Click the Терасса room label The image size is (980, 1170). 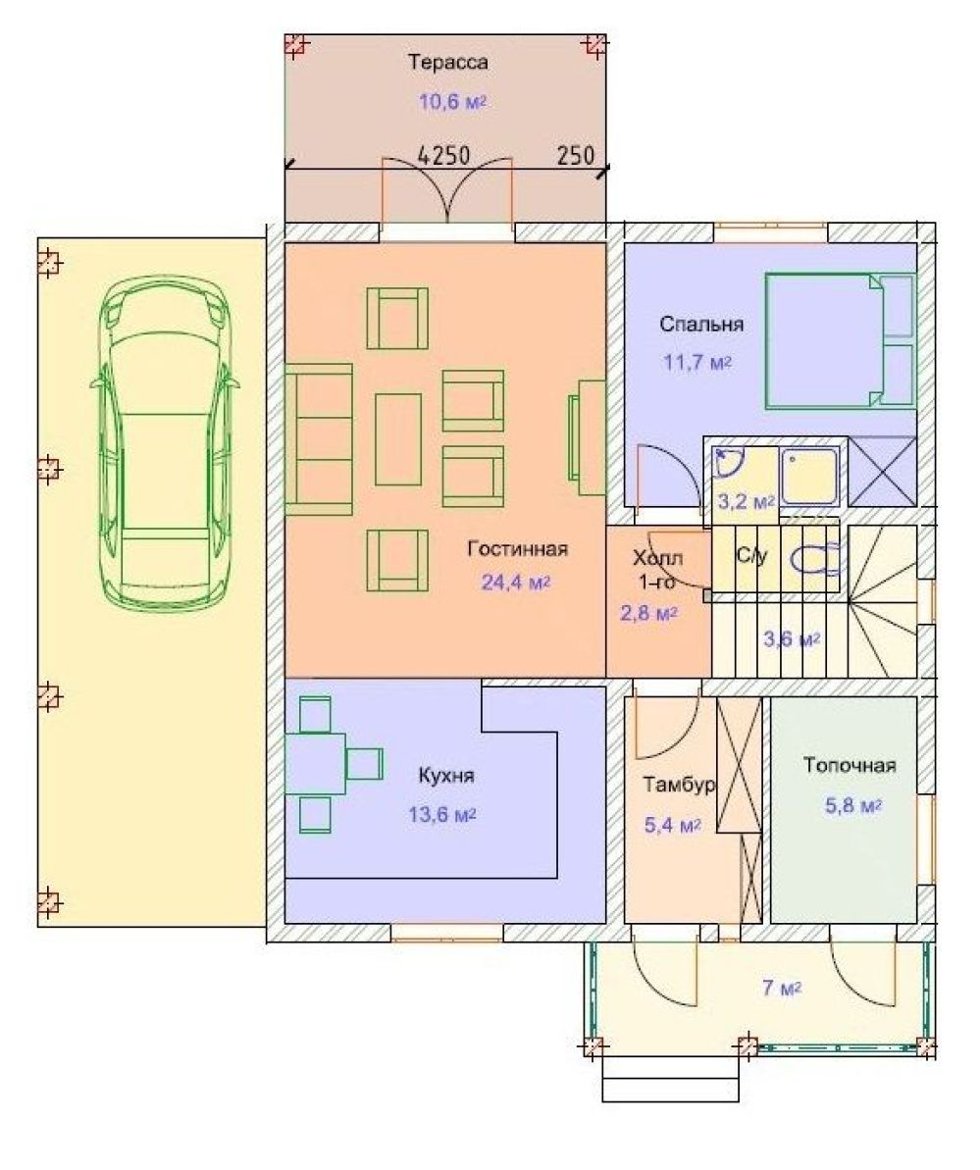point(448,62)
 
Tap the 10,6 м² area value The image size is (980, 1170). point(452,101)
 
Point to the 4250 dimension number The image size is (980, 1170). point(443,155)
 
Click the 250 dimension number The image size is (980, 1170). point(576,155)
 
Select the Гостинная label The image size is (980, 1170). point(517,549)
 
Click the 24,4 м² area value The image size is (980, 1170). point(515,582)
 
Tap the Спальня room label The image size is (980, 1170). point(701,325)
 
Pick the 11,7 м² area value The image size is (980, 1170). point(697,363)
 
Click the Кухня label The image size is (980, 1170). point(446,776)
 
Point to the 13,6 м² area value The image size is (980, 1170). point(442,814)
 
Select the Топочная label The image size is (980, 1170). point(850,766)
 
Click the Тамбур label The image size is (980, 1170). point(679,785)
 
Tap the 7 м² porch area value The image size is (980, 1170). point(782,989)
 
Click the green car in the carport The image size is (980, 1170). point(165,440)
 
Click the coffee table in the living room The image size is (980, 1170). point(398,439)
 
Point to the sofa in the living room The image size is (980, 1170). point(319,439)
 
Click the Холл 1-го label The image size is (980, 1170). point(657,570)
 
